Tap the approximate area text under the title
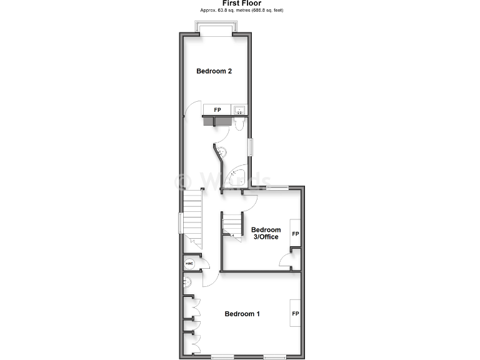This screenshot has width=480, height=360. click(x=240, y=11)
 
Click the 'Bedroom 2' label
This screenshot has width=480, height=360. click(x=214, y=71)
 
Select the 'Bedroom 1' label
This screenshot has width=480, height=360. click(x=242, y=314)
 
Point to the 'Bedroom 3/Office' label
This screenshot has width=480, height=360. click(x=266, y=233)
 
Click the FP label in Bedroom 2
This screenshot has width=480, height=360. click(x=217, y=110)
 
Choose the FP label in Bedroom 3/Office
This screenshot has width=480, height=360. click(x=295, y=234)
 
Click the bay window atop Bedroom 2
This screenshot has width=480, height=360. click(x=216, y=28)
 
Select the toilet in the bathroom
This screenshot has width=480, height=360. click(x=239, y=126)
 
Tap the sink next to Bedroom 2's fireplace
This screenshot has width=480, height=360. click(x=238, y=110)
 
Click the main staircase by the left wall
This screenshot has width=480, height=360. click(x=193, y=219)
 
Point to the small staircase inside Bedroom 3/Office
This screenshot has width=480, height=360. click(x=233, y=224)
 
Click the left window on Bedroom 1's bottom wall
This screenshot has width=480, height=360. click(x=222, y=357)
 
